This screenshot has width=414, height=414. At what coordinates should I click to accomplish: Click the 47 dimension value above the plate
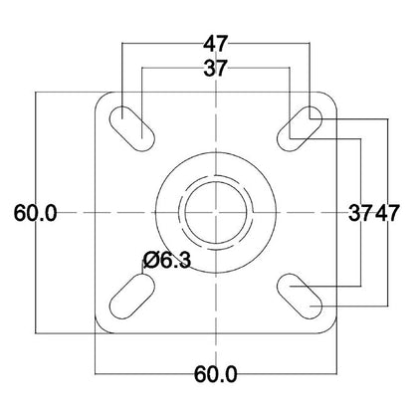pyautogui.click(x=214, y=45)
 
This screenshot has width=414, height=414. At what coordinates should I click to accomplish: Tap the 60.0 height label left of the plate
pyautogui.click(x=37, y=213)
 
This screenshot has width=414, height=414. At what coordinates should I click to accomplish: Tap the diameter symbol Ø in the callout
pyautogui.click(x=151, y=260)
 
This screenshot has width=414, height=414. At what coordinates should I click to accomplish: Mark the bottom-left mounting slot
pyautogui.click(x=131, y=295)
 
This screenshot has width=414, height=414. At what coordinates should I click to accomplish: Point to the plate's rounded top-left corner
pyautogui.click(x=101, y=98)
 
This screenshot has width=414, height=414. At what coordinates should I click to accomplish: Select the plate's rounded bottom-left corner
pyautogui.click(x=101, y=326)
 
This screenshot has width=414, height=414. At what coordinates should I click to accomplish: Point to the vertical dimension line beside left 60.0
pyautogui.click(x=37, y=149)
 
